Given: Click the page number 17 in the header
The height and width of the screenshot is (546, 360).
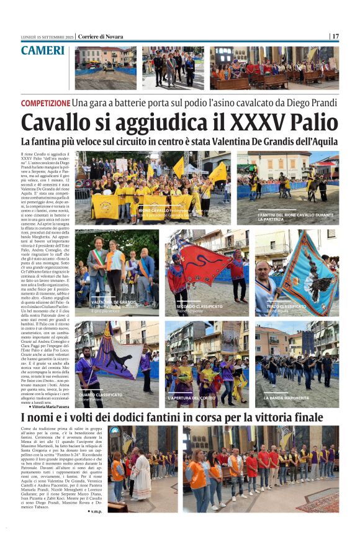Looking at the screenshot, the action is [335, 37].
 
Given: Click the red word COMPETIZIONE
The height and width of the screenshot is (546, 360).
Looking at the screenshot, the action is [45, 103].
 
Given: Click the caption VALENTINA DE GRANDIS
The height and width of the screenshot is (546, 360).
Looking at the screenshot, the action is [114, 302].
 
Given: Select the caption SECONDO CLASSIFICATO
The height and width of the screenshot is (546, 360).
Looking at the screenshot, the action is [199, 306].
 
